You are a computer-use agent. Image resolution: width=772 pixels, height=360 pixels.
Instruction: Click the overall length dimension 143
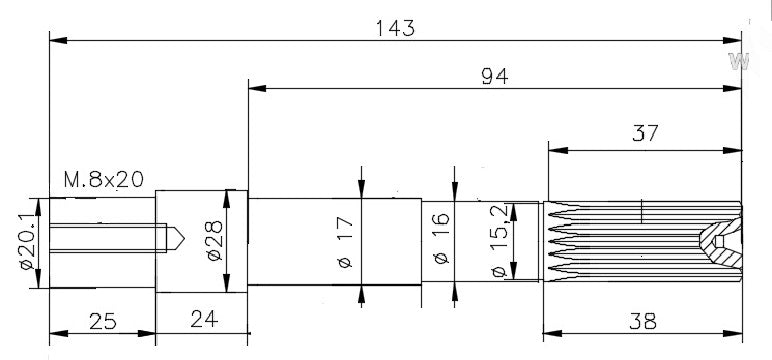(x=395, y=29)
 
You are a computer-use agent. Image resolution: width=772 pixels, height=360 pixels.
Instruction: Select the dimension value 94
(x=495, y=77)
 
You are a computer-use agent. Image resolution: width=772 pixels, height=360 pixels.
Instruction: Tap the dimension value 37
(x=645, y=133)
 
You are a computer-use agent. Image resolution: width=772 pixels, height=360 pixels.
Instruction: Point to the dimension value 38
(x=643, y=322)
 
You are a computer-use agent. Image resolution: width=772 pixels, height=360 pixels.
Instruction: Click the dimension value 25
(x=103, y=322)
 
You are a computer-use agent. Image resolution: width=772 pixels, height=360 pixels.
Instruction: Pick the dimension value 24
(x=204, y=319)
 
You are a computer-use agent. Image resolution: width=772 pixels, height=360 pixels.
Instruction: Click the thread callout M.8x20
(x=104, y=180)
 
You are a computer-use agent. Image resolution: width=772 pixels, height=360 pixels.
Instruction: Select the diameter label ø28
(x=215, y=241)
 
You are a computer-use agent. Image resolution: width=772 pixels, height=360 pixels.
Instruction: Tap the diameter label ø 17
(x=346, y=243)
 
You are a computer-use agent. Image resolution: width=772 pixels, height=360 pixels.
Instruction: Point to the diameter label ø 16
(x=441, y=238)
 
